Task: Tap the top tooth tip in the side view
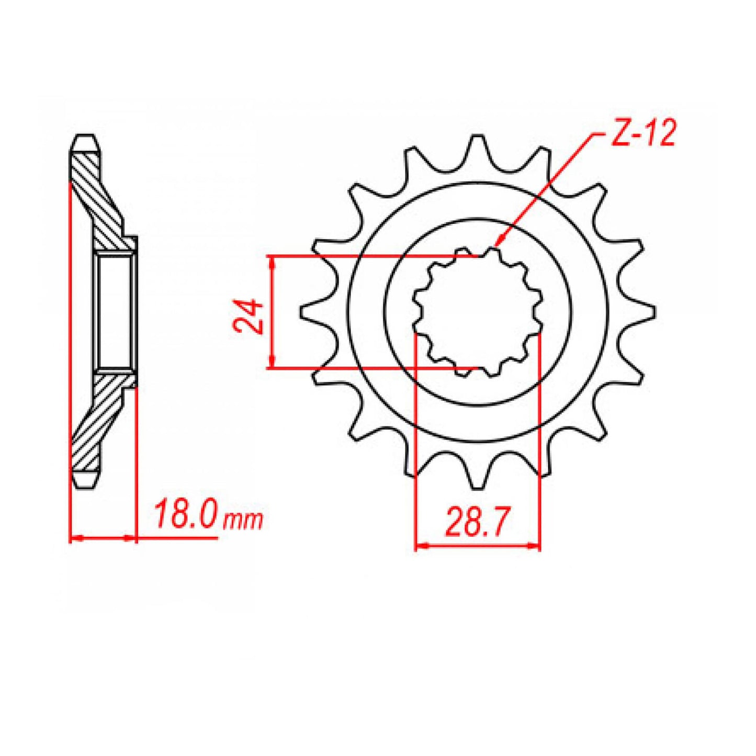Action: point(84,142)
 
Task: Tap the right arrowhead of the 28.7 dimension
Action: point(535,546)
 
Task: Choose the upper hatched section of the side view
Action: point(97,199)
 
